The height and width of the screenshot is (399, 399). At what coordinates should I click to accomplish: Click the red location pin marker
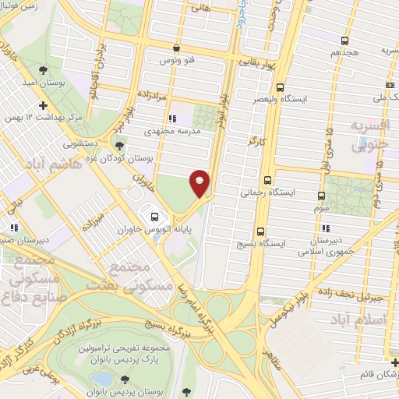click(200, 182)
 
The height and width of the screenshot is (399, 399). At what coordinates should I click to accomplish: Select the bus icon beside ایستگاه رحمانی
click(268, 178)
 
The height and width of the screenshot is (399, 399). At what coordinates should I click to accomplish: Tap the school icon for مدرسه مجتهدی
click(172, 119)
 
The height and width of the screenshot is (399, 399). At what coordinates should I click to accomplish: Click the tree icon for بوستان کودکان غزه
click(119, 145)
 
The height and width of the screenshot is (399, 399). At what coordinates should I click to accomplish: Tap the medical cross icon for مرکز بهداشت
click(43, 104)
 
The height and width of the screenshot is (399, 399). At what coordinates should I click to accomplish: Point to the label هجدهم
click(344, 51)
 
